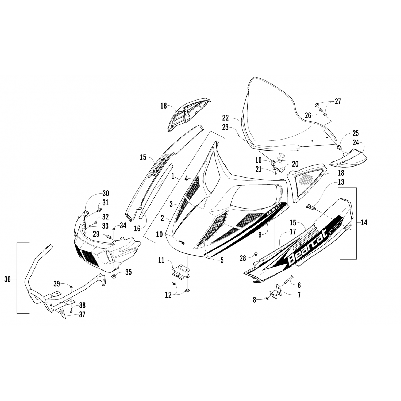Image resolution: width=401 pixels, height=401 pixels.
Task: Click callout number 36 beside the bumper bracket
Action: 7,279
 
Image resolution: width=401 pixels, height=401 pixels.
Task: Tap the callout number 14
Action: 364,222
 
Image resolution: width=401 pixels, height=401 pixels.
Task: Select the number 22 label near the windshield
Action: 225,118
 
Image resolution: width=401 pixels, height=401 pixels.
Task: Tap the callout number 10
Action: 159,235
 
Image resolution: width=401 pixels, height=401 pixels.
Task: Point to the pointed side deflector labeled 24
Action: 348,158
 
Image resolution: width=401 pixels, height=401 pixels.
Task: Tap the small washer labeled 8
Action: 268,299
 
